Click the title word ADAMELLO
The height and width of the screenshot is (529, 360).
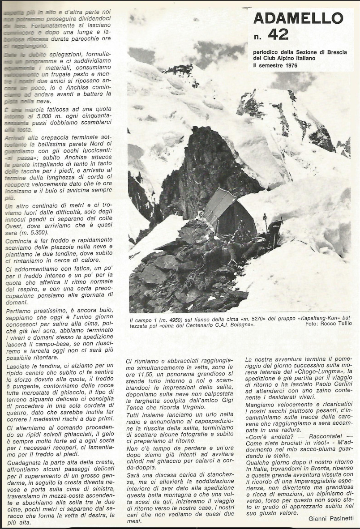(x=298, y=18)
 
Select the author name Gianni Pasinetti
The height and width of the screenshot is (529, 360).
(x=331, y=518)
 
